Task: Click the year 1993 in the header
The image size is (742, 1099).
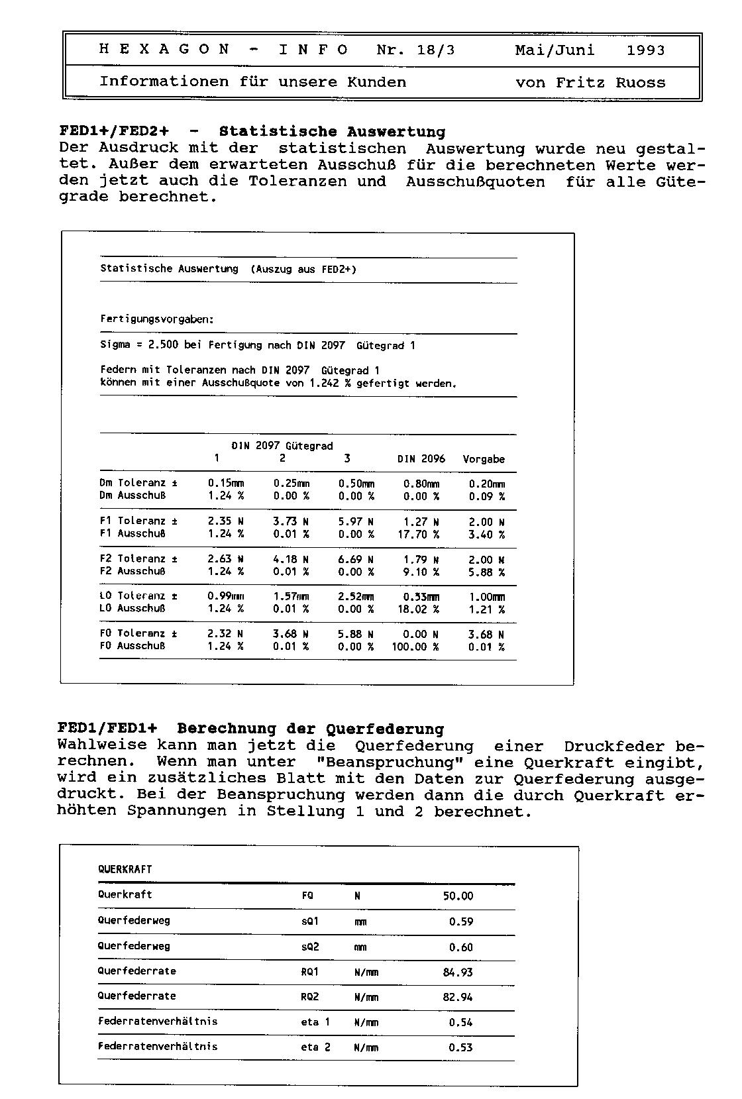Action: [x=645, y=50]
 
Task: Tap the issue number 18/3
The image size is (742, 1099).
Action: [x=435, y=50]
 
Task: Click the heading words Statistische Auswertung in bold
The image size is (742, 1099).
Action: [x=332, y=132]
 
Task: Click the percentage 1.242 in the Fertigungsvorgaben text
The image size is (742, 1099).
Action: [x=325, y=383]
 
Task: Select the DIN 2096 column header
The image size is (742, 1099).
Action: [x=421, y=459]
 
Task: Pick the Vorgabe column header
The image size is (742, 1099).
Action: [x=484, y=459]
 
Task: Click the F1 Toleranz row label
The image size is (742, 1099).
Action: [x=138, y=521]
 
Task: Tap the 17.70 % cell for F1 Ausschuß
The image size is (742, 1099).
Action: [x=418, y=534]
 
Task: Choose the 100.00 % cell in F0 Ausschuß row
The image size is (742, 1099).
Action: [x=415, y=647]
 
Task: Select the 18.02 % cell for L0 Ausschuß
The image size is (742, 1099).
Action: [x=418, y=609]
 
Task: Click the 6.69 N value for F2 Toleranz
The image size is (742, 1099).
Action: [x=356, y=559]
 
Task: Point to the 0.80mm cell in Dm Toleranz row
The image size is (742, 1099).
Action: [x=421, y=484]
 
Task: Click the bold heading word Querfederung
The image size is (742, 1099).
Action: [x=385, y=729]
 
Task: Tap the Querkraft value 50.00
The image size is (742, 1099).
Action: [x=458, y=896]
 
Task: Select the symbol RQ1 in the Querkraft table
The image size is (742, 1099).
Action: [x=309, y=972]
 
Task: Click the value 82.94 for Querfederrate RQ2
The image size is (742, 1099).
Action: [x=458, y=997]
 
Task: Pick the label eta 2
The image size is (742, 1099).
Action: [x=315, y=1047]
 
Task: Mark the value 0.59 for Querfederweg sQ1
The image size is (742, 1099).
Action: [x=461, y=921]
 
